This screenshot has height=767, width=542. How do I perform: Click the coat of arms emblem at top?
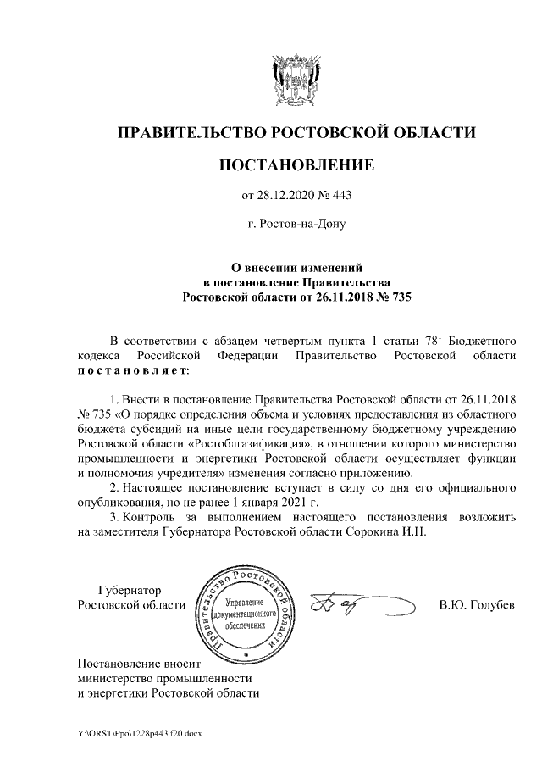coord(296,81)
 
